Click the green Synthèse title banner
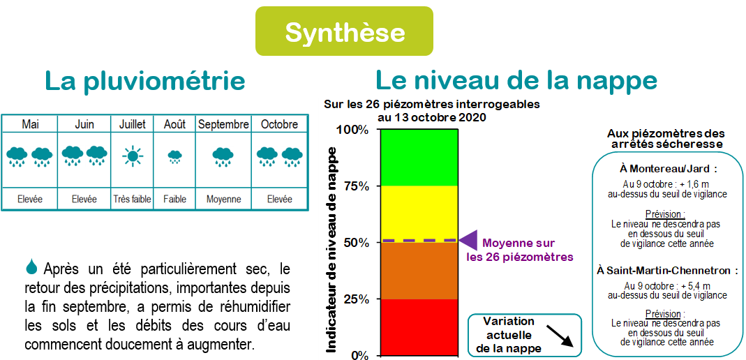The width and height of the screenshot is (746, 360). tap(345, 31)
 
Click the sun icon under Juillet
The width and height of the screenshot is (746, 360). tap(132, 156)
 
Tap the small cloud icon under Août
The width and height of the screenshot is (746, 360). tap(174, 157)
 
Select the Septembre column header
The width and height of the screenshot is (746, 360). tap(223, 125)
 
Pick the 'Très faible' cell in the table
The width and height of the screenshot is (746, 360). tap(132, 200)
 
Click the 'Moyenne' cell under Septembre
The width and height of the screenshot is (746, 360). tap(223, 200)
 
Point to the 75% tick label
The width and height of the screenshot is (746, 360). tap(352, 186)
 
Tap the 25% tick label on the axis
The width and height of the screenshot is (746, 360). tap(352, 299)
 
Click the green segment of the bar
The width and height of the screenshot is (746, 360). tap(419, 157)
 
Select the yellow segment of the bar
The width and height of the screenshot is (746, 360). tap(419, 213)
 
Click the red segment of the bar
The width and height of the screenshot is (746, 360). tap(419, 327)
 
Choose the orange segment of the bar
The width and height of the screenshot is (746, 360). tap(419, 271)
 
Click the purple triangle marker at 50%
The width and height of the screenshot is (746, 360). tap(470, 240)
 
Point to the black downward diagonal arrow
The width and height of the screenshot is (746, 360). tap(560, 336)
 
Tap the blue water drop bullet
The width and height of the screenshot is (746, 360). tap(31, 267)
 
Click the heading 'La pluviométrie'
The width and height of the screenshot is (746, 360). tap(145, 82)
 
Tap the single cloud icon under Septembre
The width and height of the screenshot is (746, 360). tap(223, 157)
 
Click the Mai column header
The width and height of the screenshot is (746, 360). tap(31, 125)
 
